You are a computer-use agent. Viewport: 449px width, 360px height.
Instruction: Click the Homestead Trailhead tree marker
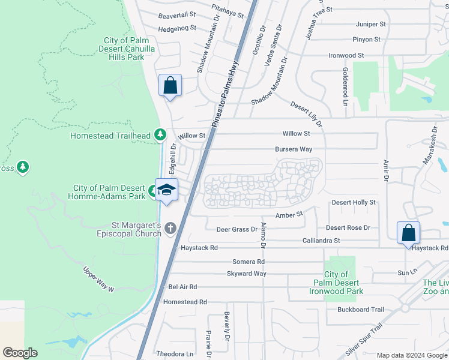[160, 134]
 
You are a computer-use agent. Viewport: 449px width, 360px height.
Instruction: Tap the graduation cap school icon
[166, 190]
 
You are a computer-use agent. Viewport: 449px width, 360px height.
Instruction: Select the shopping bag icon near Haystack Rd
[408, 233]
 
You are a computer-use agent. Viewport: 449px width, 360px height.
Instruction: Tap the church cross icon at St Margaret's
[170, 228]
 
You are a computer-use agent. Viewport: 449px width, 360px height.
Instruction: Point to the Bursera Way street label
[293, 149]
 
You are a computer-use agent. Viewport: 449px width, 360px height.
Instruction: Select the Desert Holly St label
[353, 203]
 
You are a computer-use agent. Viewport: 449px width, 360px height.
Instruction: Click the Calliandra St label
[321, 241]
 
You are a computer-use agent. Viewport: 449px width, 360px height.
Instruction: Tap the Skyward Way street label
[246, 274]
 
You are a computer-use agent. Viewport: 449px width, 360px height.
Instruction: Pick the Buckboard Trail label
[360, 310]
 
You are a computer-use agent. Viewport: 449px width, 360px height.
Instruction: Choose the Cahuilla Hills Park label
[123, 49]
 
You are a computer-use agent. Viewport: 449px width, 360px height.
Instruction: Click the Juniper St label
[370, 24]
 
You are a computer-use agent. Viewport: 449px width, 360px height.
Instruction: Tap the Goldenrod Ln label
[345, 86]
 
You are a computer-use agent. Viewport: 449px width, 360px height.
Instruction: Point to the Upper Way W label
[98, 279]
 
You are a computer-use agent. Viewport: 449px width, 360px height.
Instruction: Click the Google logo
[20, 353]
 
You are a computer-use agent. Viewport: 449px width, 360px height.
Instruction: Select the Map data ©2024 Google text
[411, 355]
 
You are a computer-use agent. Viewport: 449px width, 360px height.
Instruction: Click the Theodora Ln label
[175, 354]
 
